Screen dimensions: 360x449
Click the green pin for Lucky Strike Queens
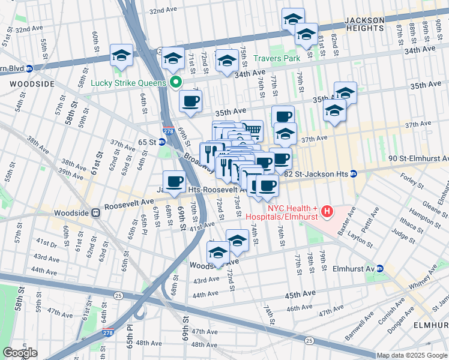[x=175, y=83]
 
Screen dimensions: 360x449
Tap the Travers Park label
[x=276, y=59]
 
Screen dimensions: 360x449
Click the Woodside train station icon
[x=95, y=212]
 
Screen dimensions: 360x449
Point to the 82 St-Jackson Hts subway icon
[x=354, y=173]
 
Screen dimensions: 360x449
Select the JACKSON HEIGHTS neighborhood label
[x=364, y=24]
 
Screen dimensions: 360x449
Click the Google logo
[x=20, y=353]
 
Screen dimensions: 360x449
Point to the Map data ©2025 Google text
[x=411, y=355]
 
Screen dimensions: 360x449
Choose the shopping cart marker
[x=252, y=130]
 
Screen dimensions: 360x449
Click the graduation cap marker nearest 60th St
[x=121, y=55]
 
